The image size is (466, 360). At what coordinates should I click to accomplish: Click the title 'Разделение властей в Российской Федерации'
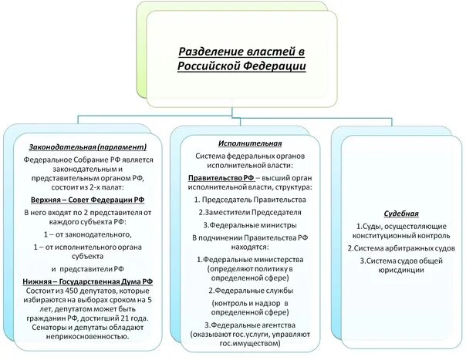(241, 59)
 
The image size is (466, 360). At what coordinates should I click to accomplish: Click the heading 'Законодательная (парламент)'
(85, 146)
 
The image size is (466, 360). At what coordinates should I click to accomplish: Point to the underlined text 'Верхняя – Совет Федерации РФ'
(85, 197)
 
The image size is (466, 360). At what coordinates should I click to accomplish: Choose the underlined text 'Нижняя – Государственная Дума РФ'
(87, 282)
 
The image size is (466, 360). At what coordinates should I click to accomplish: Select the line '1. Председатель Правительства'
(249, 200)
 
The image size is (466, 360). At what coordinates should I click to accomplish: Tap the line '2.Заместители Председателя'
(249, 212)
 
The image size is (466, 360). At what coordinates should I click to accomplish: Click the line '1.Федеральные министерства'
(249, 260)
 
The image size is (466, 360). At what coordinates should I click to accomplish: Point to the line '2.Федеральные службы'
(249, 291)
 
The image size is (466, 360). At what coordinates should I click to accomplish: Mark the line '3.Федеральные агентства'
(249, 325)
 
